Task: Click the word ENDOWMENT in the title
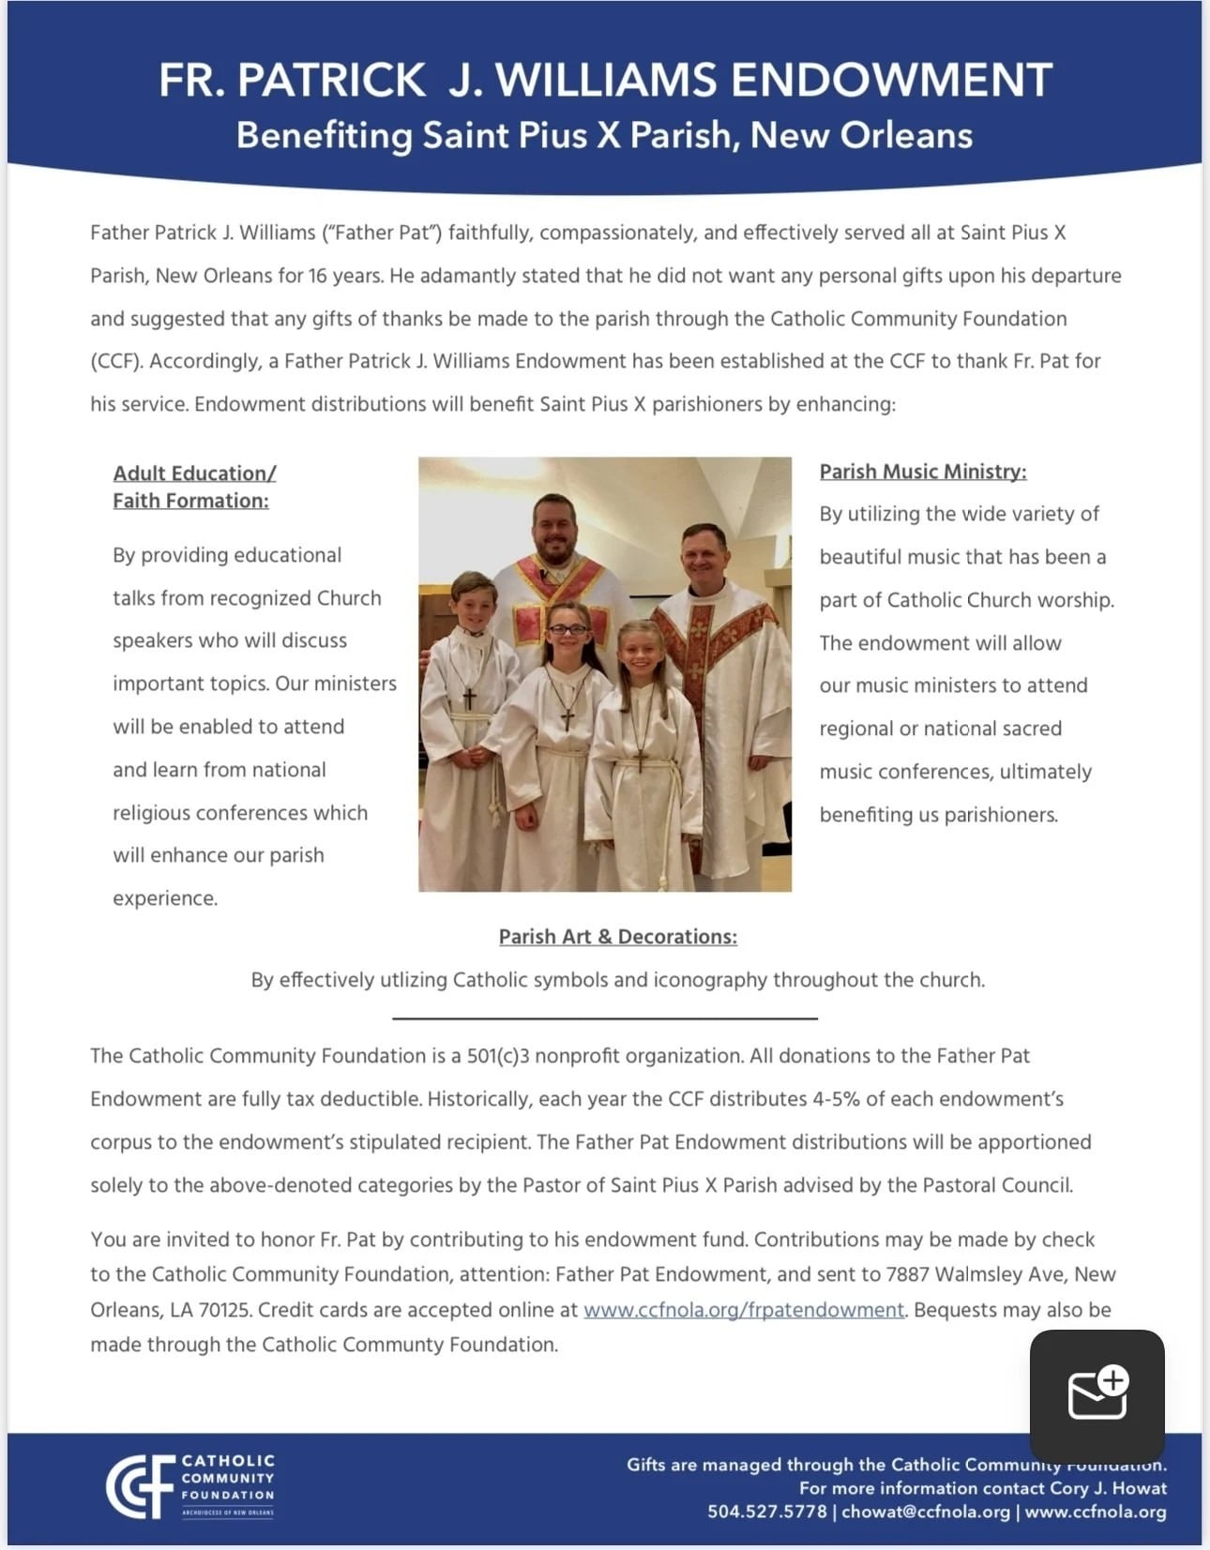[891, 81]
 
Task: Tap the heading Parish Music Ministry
[923, 472]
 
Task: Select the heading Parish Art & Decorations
[617, 937]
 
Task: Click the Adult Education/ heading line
[194, 474]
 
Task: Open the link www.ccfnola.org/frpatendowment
[744, 1310]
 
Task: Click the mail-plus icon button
[1097, 1394]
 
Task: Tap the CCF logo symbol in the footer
[140, 1486]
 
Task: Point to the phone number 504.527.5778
[766, 1512]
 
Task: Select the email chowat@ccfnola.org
[926, 1512]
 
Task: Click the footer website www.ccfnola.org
[1096, 1512]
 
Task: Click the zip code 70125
[225, 1310]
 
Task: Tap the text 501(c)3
[498, 1056]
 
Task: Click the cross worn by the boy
[469, 699]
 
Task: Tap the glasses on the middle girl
[568, 629]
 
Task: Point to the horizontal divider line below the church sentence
[605, 1017]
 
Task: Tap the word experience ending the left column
[165, 898]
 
